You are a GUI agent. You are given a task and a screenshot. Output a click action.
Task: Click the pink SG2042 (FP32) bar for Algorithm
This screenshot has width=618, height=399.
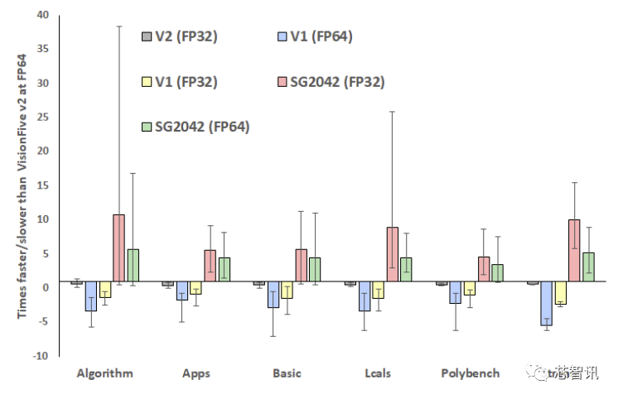pyautogui.click(x=118, y=250)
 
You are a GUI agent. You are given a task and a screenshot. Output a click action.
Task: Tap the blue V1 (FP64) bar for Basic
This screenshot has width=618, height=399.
pyautogui.click(x=272, y=296)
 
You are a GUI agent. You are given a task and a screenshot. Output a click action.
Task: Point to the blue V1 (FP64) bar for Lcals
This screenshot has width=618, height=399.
pyautogui.click(x=363, y=298)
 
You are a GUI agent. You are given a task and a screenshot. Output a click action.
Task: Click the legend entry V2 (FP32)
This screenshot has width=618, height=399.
pyautogui.click(x=183, y=37)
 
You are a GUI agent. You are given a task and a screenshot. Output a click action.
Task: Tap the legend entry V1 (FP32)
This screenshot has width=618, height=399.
pyautogui.click(x=183, y=82)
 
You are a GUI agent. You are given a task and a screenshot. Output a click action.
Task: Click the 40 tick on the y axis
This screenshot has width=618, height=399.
pyautogui.click(x=42, y=16)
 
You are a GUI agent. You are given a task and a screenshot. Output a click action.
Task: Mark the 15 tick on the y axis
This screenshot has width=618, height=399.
pyautogui.click(x=42, y=185)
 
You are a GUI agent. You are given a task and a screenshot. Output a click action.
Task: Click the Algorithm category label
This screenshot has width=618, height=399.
pyautogui.click(x=104, y=373)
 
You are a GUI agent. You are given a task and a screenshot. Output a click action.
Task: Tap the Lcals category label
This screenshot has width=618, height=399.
pyautogui.click(x=377, y=373)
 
